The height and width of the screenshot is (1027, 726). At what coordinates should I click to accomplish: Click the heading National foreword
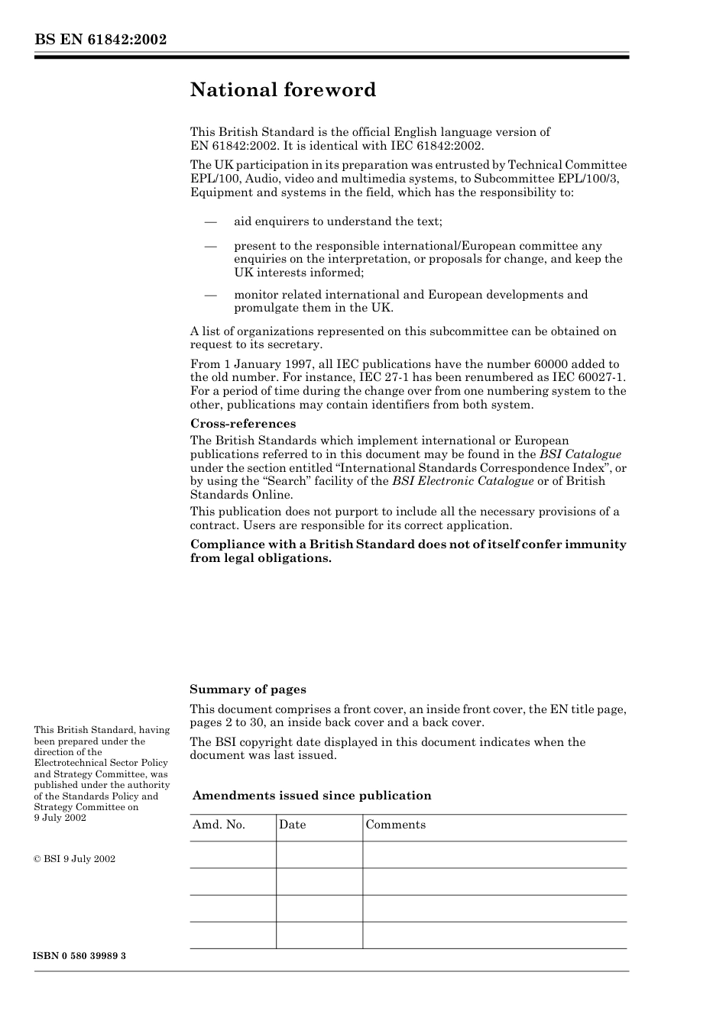coord(283,90)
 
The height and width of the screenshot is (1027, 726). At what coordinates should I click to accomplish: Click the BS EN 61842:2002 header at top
coord(100,40)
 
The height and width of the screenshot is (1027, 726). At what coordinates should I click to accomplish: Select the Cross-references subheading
coord(242,424)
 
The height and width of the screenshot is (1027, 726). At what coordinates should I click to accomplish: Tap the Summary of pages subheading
coord(248,690)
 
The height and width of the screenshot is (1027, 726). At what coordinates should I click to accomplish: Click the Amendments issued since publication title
coord(312,796)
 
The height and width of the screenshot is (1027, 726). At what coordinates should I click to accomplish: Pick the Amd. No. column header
coord(219,825)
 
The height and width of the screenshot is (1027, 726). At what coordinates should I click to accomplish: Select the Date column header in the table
coord(292,825)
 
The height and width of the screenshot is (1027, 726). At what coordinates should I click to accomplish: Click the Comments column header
coord(395,825)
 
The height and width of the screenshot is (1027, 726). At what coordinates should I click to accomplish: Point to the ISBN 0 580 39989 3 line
coord(80,956)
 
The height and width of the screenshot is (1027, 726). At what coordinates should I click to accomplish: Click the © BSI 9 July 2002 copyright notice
coord(75,859)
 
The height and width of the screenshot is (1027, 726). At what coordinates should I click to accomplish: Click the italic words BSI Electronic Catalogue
coord(462,481)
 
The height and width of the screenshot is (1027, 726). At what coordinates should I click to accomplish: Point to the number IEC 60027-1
coord(588,377)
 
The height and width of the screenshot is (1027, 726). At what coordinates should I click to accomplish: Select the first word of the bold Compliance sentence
coord(223,544)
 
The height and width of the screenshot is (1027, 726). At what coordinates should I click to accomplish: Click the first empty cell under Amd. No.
coord(232,854)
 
